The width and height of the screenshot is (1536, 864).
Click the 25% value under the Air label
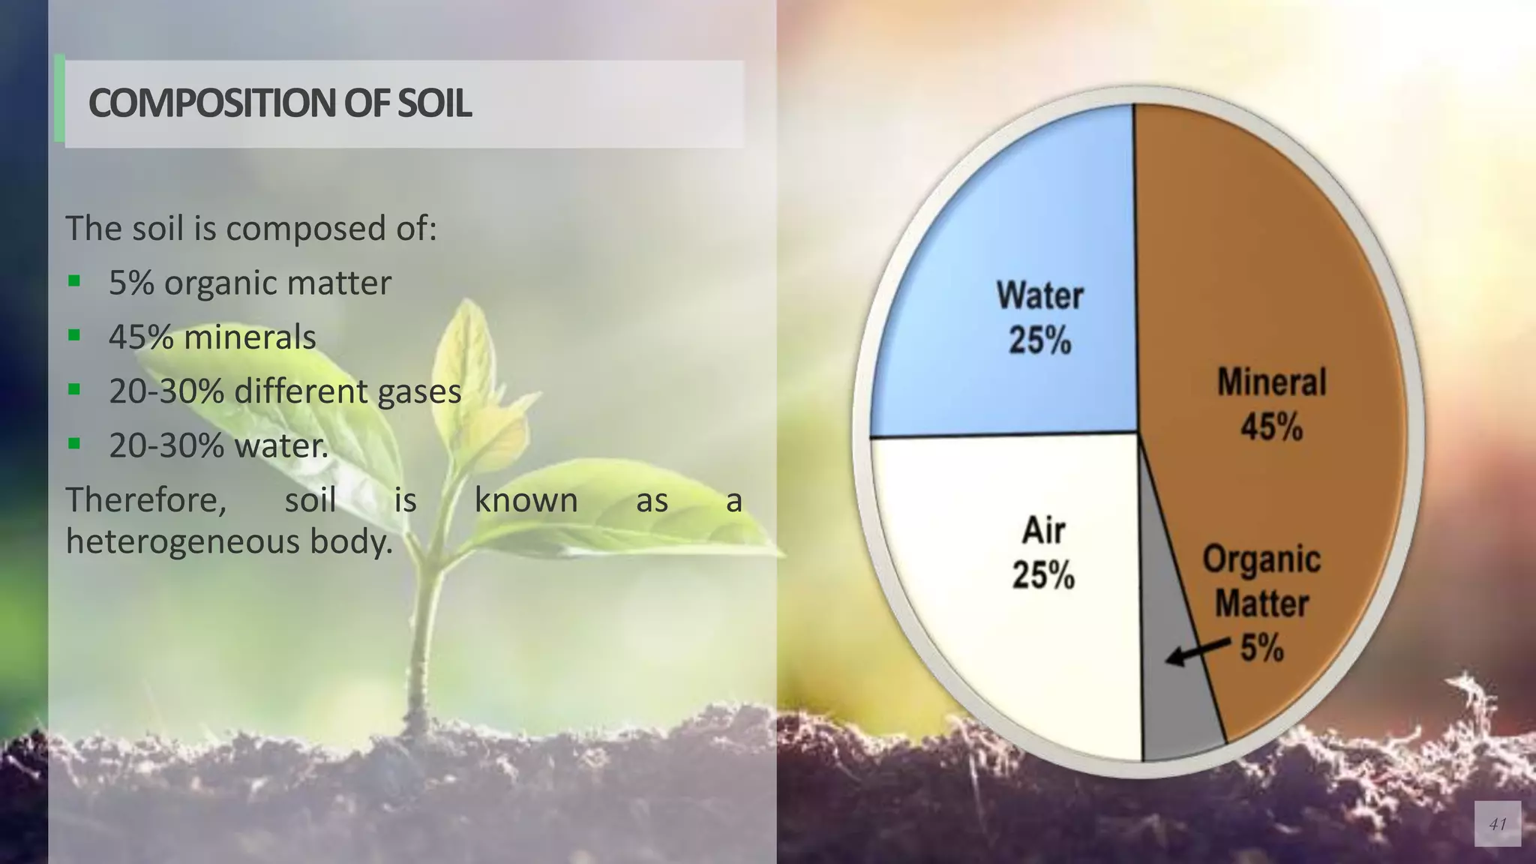(x=1043, y=576)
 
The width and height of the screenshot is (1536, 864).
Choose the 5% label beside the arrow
(x=1262, y=647)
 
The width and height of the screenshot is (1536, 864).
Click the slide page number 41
(x=1497, y=824)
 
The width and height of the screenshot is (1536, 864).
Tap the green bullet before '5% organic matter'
(x=73, y=281)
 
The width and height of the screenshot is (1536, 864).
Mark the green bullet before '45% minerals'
(x=73, y=335)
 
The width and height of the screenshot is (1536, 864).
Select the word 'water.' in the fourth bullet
(x=282, y=445)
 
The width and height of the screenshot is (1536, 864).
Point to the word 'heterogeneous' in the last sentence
(x=184, y=541)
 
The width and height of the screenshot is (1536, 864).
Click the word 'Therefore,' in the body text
(x=145, y=500)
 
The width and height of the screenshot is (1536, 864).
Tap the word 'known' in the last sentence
(x=526, y=500)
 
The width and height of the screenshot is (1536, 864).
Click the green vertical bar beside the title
(x=59, y=99)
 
